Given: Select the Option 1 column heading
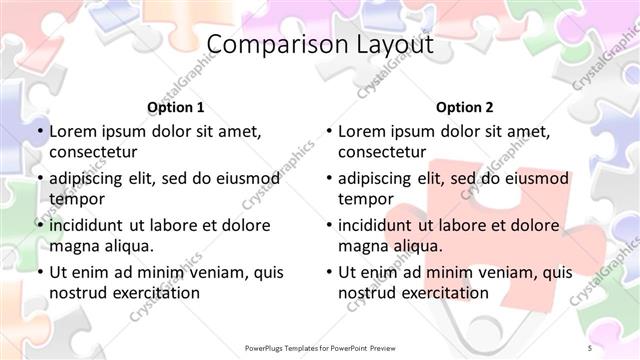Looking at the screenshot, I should [x=176, y=107].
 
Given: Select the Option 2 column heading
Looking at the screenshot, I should [x=465, y=107].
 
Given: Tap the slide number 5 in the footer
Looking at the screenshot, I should [x=590, y=346].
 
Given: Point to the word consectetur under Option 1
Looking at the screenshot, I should [x=96, y=152].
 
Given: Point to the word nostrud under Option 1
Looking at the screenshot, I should [x=77, y=293].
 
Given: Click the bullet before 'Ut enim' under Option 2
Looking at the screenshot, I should [x=330, y=272].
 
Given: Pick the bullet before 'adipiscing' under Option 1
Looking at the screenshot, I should [x=41, y=178].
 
